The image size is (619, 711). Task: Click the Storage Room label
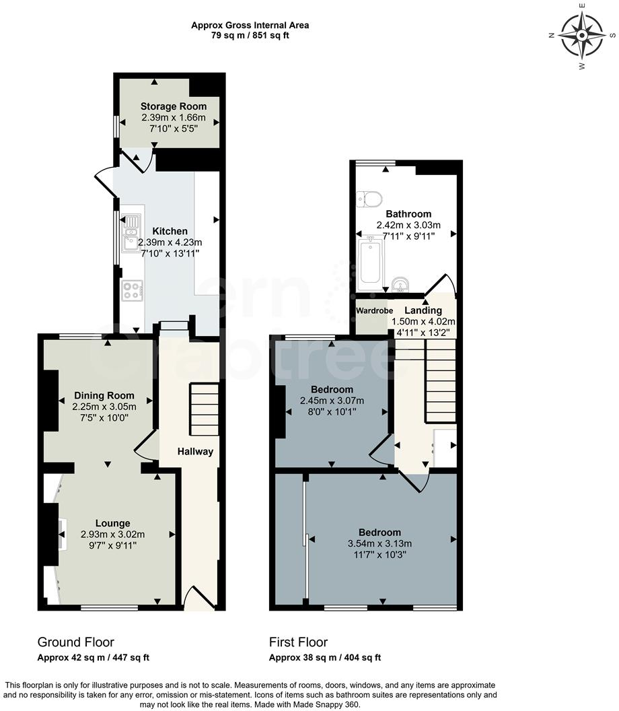tap(174, 106)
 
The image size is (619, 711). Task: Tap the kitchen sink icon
tap(131, 232)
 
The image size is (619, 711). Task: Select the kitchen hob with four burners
tap(131, 290)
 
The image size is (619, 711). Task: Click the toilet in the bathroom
tap(370, 198)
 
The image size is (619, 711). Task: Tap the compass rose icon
tap(583, 36)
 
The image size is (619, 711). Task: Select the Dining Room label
tap(104, 396)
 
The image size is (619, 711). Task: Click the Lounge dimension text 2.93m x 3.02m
tap(112, 535)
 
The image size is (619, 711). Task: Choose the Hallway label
tap(196, 451)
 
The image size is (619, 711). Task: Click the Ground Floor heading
tap(75, 642)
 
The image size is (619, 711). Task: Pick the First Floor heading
tap(298, 642)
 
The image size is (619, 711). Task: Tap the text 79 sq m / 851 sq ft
tap(250, 36)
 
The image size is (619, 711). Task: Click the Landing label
tap(424, 310)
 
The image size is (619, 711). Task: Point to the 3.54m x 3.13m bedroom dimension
tap(380, 544)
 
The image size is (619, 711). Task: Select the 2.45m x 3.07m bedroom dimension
tap(332, 401)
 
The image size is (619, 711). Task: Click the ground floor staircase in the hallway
tap(204, 409)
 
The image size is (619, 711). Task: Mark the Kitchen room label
tap(170, 231)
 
